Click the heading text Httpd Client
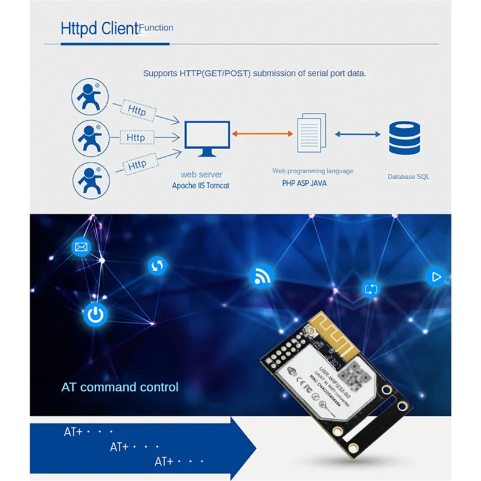(99, 29)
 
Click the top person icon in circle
(91, 97)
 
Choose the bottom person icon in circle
(91, 182)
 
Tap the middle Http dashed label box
(136, 138)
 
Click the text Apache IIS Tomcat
(200, 186)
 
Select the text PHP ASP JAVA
(304, 183)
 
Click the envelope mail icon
(81, 247)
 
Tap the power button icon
(95, 314)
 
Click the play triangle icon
(436, 277)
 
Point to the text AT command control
(120, 387)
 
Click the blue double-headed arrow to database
(357, 134)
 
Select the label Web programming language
(313, 171)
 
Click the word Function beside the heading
(156, 28)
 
